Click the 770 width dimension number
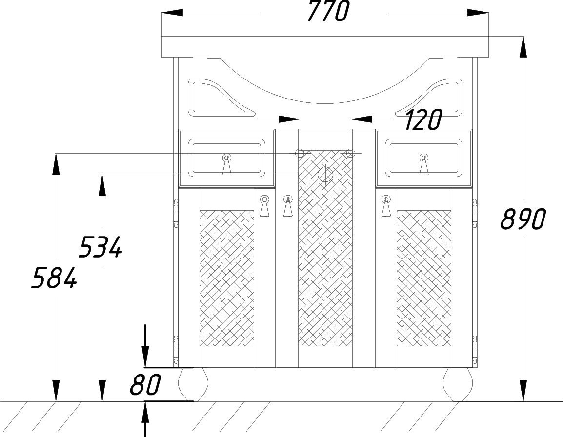pos(328,11)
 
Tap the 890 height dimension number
pos(523,219)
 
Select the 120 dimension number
pos(423,119)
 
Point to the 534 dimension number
pos(101,247)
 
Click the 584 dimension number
pos(54,278)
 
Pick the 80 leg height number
pos(145,384)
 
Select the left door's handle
pos(264,206)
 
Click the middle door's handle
pos(288,206)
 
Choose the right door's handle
pos(386,206)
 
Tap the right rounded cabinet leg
pos(458,384)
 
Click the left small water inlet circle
pos(300,153)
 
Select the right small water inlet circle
pos(350,153)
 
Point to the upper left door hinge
pos(176,213)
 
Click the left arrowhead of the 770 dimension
pos(173,13)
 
